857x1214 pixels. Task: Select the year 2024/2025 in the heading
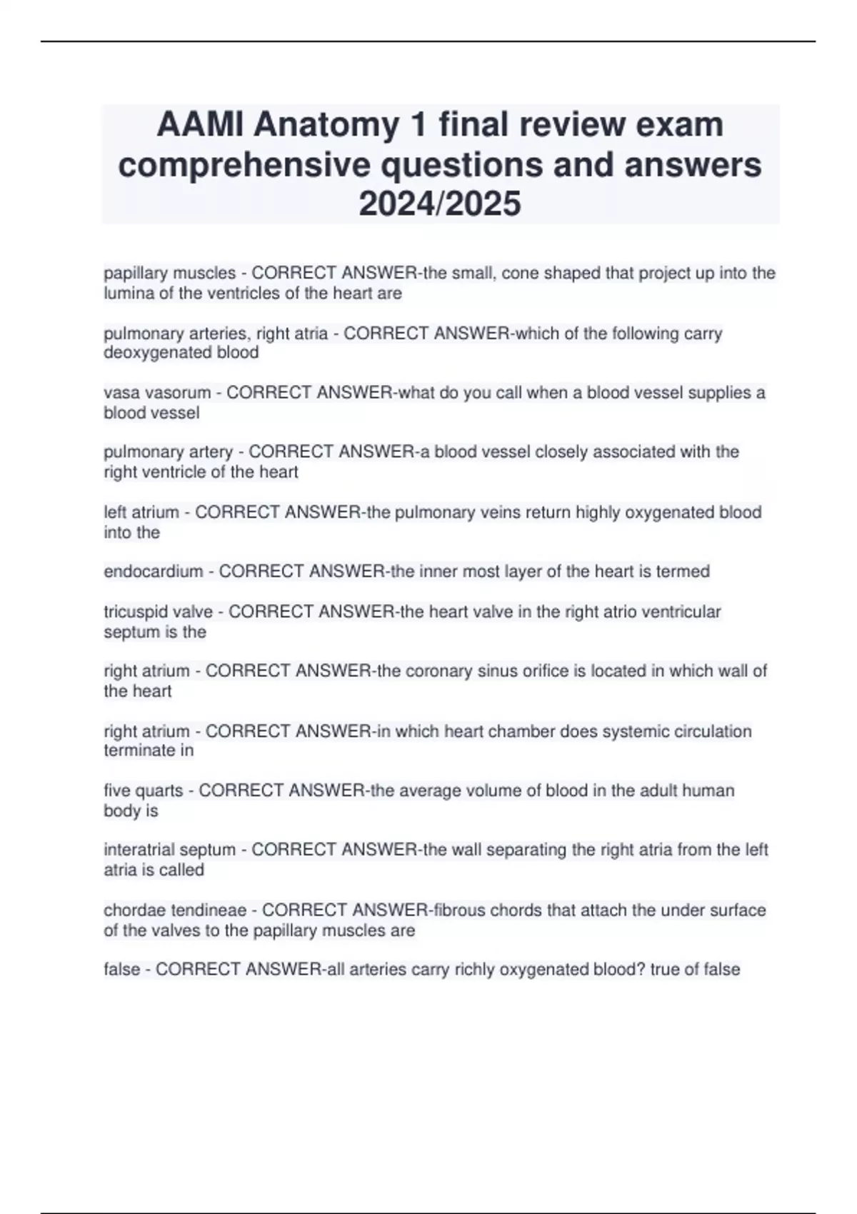pos(440,204)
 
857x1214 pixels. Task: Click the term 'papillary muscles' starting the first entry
pos(169,273)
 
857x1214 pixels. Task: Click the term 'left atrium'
pos(141,512)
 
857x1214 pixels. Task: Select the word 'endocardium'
pos(153,571)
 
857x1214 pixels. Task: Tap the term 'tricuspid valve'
pos(158,611)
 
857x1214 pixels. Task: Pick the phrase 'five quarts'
pos(143,791)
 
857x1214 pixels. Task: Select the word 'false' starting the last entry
pos(121,969)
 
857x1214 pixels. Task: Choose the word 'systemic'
pos(561,731)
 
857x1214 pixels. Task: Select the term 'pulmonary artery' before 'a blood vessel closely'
pos(168,452)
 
